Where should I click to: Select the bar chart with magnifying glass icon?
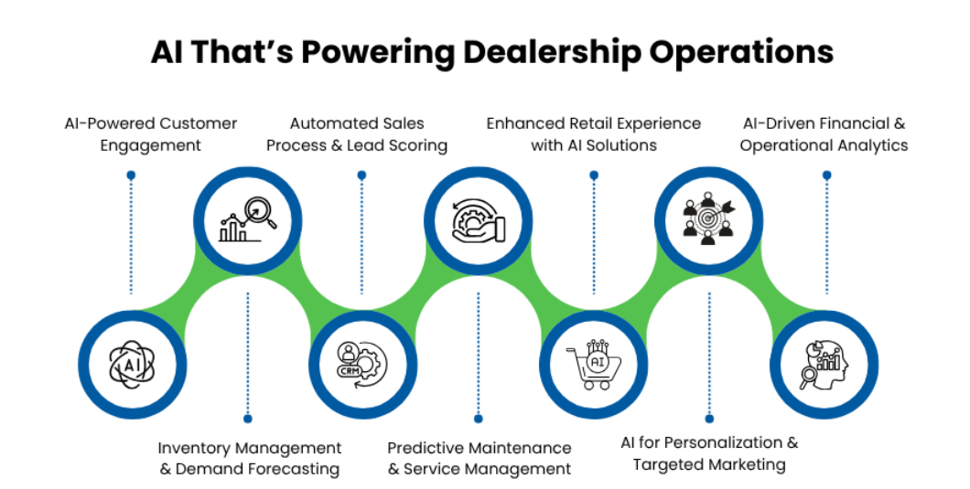pyautogui.click(x=247, y=219)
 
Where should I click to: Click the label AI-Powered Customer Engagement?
pyautogui.click(x=150, y=134)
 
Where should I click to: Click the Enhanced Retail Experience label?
pyautogui.click(x=593, y=134)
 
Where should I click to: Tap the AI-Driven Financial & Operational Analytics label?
pyautogui.click(x=824, y=134)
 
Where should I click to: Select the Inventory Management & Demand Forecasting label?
pyautogui.click(x=249, y=459)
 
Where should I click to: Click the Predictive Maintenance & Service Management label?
pyautogui.click(x=479, y=459)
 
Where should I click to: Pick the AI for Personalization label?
pyautogui.click(x=709, y=453)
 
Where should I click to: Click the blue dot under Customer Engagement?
pyautogui.click(x=132, y=175)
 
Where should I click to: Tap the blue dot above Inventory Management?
pyautogui.click(x=247, y=419)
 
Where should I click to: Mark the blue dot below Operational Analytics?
pyautogui.click(x=826, y=175)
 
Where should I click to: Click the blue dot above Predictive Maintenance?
pyautogui.click(x=478, y=419)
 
